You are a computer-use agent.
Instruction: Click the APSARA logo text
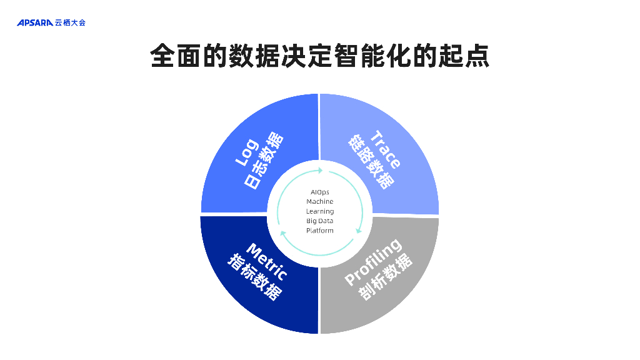(35, 23)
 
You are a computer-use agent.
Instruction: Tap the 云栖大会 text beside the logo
(70, 23)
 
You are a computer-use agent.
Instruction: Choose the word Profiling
(374, 263)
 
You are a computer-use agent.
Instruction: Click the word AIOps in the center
(320, 192)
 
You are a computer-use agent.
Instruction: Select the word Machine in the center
(320, 201)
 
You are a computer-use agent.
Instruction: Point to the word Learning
(320, 211)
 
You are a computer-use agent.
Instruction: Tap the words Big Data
(320, 221)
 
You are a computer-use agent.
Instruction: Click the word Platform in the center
(320, 231)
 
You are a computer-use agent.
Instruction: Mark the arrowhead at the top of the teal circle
(321, 170)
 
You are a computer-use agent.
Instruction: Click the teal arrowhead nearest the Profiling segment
(358, 231)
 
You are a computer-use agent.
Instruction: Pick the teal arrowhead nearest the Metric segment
(282, 233)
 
